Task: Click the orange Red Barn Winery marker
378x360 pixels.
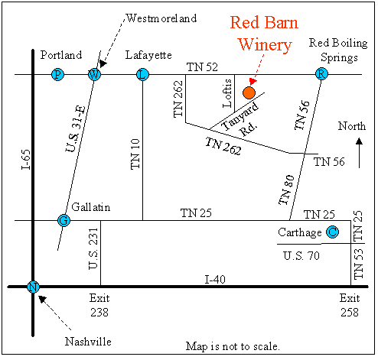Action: coord(249,92)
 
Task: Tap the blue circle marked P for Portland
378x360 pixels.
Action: coord(57,75)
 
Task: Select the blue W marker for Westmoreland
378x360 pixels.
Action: coord(94,75)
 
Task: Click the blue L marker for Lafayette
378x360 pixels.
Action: coord(142,75)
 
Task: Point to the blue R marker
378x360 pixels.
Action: coord(321,74)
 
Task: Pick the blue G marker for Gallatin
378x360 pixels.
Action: coord(64,220)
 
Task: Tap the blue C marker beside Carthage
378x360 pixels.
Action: coord(333,232)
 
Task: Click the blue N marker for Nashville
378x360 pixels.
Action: coord(33,287)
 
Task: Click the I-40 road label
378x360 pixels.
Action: coord(215,280)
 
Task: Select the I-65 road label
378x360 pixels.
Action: coord(26,160)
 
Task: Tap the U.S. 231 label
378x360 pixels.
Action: coord(93,248)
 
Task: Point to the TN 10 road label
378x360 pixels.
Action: coord(135,154)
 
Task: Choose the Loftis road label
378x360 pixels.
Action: coord(227,93)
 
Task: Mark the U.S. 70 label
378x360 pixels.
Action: coord(301,255)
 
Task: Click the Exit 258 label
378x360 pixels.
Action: coord(350,305)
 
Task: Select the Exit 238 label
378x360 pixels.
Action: coord(99,305)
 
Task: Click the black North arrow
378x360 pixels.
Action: coord(359,153)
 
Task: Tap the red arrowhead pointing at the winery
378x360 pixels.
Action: coord(253,82)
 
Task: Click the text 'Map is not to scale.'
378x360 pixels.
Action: coord(233,346)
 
